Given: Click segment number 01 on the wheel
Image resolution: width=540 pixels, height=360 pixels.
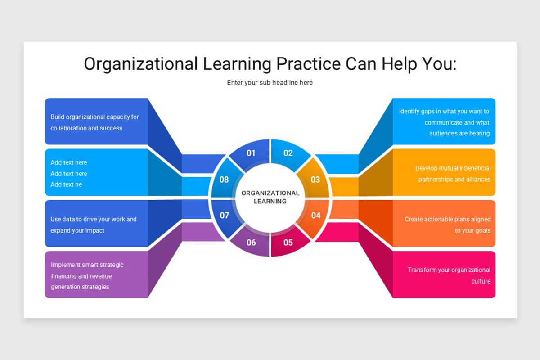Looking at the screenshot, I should coord(251,153).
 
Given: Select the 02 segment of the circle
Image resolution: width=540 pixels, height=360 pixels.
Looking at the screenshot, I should coord(288,153).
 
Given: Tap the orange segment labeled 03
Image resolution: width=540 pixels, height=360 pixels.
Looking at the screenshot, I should coord(315,180).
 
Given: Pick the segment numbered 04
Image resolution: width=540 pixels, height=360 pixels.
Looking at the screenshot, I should coord(315,216).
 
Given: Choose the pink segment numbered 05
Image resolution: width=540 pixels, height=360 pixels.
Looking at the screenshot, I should coord(288,243).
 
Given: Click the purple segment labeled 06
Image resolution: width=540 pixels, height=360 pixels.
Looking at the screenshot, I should coord(251,243).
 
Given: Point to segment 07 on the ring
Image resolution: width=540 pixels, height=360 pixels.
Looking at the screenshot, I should coord(224,216).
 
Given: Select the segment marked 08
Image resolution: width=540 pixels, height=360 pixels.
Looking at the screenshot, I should coord(224,180).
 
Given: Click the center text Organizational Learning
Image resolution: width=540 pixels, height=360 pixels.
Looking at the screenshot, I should coord(270,197).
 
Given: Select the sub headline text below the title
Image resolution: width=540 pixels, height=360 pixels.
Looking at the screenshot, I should coord(270,82).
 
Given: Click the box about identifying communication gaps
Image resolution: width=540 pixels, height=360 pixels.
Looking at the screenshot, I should coord(444,121).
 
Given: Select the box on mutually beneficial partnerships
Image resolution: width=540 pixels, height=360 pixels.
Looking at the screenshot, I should coord(444,173).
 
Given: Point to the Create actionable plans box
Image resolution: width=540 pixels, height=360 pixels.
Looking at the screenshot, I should coord(444,224).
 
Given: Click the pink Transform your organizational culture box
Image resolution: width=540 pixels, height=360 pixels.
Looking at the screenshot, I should coord(444,275).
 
